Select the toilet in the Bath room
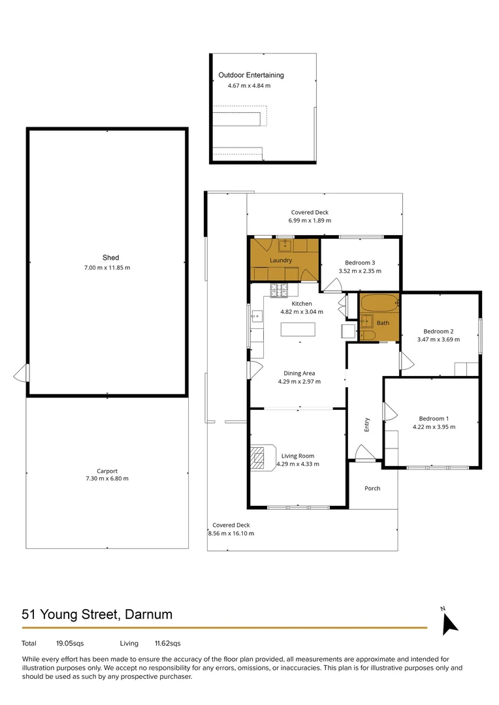[x=368, y=336]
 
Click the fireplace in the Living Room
[x=263, y=458]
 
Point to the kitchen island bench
[x=298, y=330]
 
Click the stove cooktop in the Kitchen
[x=279, y=290]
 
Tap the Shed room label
[x=110, y=258]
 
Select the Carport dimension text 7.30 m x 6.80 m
[x=107, y=478]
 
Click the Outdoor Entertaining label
[x=251, y=75]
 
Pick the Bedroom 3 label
[x=360, y=262]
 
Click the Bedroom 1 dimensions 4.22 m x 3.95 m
[x=434, y=427]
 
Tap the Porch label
[x=372, y=488]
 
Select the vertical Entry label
[x=366, y=425]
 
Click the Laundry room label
[x=281, y=260]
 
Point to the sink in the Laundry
[x=285, y=245]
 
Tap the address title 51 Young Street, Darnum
[x=97, y=614]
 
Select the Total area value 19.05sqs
[x=70, y=644]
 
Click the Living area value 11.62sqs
[x=167, y=644]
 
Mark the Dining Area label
[x=299, y=373]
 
